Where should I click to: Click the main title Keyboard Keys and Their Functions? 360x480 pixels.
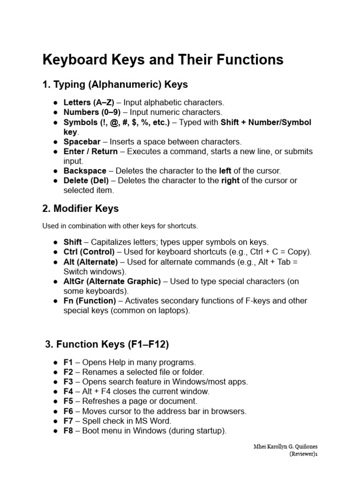point(163,60)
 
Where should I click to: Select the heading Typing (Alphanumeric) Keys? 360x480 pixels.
point(115,85)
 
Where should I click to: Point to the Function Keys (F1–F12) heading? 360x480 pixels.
point(107,345)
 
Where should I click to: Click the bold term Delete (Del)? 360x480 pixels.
point(86,181)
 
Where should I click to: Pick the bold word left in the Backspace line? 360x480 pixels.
point(225,171)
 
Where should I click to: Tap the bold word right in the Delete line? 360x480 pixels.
point(228,181)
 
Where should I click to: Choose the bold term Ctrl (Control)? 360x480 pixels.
point(89,252)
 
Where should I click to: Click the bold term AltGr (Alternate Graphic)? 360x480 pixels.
point(112,281)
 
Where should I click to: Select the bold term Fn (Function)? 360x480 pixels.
point(90,301)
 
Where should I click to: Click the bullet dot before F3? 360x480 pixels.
point(55,382)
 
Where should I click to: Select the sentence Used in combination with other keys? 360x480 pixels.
point(120,226)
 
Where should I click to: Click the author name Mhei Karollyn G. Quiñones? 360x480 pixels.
point(285,446)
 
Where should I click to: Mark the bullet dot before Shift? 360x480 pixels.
point(55,242)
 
